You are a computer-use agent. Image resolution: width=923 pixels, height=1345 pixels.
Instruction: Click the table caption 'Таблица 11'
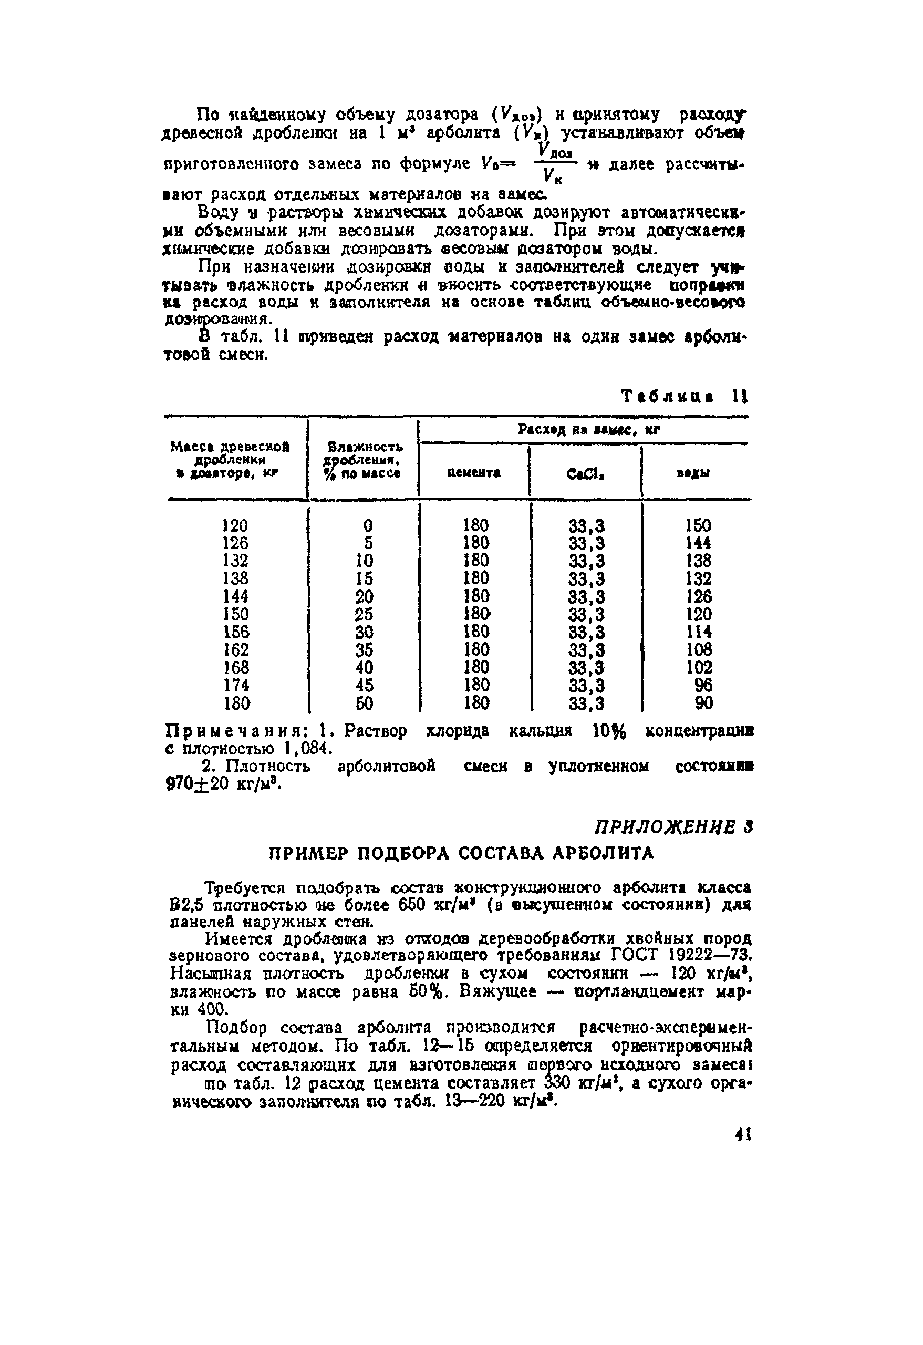tap(685, 397)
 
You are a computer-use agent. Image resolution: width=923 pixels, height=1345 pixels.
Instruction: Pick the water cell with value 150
tap(698, 525)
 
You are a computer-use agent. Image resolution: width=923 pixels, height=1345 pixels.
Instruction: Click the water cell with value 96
tap(703, 685)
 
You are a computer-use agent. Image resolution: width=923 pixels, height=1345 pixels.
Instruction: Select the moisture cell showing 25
tap(364, 614)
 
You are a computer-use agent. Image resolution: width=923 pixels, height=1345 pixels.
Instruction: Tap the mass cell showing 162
tap(235, 649)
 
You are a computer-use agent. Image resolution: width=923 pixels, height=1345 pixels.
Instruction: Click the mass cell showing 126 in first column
tap(235, 543)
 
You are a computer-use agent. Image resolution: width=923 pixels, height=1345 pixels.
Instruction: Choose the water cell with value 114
tap(699, 632)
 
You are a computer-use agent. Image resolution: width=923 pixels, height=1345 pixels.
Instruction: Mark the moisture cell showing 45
tap(364, 685)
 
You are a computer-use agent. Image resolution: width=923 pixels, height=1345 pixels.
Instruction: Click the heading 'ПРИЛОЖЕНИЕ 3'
tap(673, 827)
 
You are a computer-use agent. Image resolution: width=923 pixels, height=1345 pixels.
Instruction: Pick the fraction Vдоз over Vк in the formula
tap(554, 164)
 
